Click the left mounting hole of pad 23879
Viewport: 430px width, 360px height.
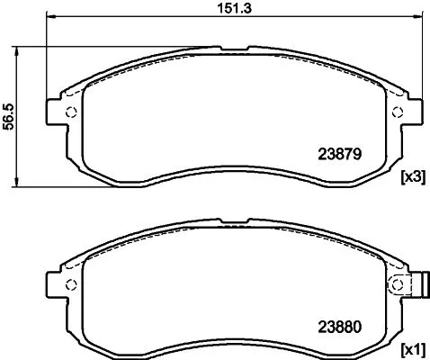coord(72,112)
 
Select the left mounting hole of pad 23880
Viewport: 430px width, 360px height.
coord(72,285)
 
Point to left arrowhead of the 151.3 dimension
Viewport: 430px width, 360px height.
coord(50,18)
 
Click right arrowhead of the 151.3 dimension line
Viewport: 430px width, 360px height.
coord(417,18)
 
